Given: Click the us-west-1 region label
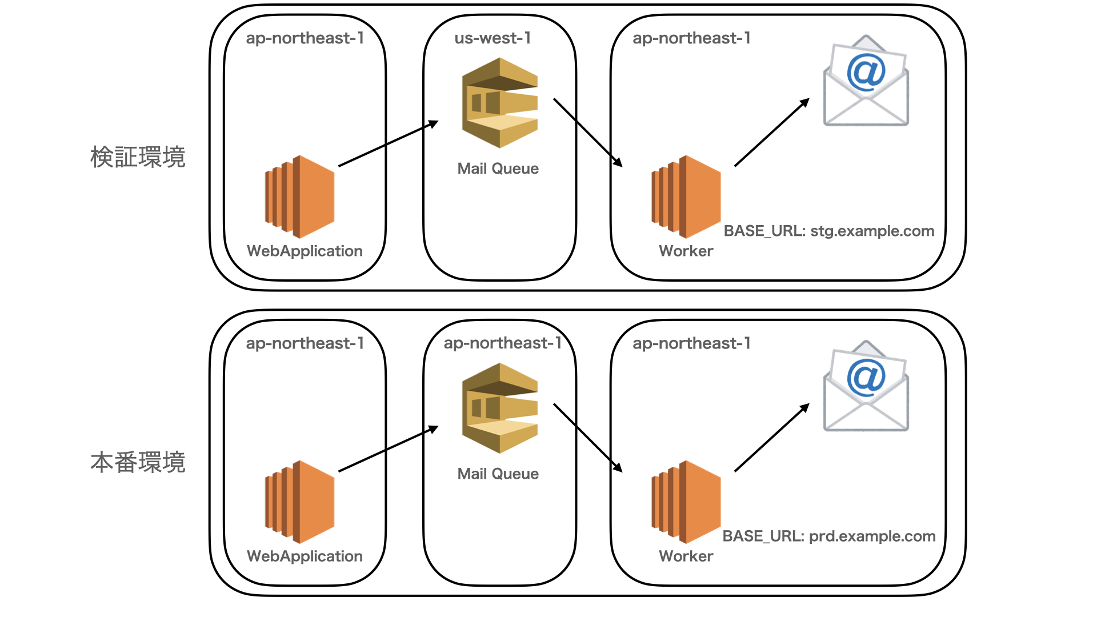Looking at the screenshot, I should pos(493,38).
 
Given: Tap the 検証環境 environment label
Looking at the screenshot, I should pos(138,157).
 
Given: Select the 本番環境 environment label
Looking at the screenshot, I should pos(138,462).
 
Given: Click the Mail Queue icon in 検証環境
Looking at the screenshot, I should pos(500,103).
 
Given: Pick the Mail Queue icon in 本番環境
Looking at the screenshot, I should pos(500,408).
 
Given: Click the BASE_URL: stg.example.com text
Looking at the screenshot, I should pos(828,231).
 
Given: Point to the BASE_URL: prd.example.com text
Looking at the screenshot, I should pos(828,536).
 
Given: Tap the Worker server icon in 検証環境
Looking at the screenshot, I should pos(686,197).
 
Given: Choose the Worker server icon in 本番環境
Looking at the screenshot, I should pos(686,502).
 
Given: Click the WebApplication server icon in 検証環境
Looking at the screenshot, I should pos(299,197).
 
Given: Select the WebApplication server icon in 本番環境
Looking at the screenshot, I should pos(299,502).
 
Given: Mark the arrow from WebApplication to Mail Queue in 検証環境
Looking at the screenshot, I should pos(389,143).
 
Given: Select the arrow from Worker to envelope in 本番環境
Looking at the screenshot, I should pos(772,438).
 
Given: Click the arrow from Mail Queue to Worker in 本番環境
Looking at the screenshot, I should pos(588,438).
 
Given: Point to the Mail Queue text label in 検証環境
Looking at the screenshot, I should pos(498,169).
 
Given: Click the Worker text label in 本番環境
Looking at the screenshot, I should pos(686,556).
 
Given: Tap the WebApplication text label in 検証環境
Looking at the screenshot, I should pos(305,251).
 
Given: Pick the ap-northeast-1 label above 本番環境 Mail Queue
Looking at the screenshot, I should pos(503,343).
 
